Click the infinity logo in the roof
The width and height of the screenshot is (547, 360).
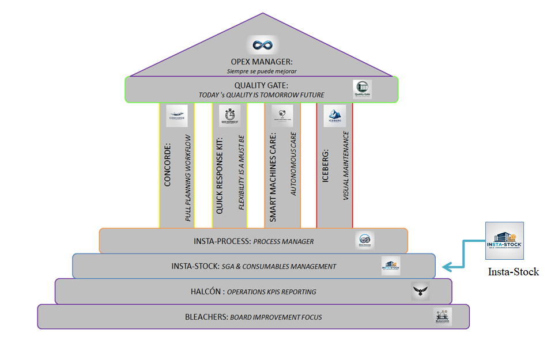(262, 45)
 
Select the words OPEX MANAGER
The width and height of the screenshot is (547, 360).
(262, 62)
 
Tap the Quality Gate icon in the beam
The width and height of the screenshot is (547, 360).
(363, 89)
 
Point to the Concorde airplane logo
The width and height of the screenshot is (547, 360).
(177, 116)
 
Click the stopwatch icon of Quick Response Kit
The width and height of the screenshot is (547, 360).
(230, 115)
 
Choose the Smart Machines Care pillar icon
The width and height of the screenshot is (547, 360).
(282, 115)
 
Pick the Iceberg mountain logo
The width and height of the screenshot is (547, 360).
(335, 115)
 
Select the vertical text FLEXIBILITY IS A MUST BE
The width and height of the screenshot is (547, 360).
(242, 172)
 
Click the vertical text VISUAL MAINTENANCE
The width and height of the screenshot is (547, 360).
(346, 166)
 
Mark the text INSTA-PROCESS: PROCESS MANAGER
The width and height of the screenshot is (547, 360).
(254, 241)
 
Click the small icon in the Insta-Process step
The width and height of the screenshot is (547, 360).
(365, 241)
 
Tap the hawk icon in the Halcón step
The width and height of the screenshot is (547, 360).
(420, 291)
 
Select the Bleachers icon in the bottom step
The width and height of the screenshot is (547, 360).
(443, 316)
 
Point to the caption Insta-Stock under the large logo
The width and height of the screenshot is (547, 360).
(514, 271)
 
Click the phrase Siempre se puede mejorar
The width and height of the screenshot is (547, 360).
(262, 71)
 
